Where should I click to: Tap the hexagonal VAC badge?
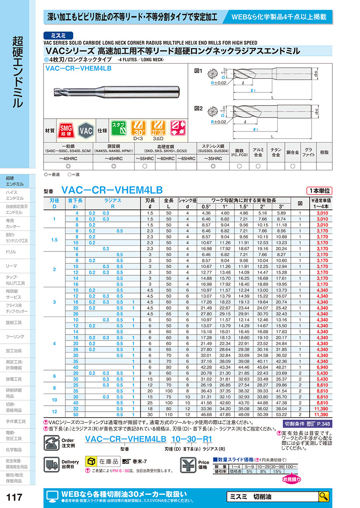tap(86, 130)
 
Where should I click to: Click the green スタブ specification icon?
tap(118, 128)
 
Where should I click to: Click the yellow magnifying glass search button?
tap(323, 496)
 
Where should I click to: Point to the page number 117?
tap(15, 497)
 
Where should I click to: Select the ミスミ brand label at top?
tap(58, 35)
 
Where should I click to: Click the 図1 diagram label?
tap(198, 71)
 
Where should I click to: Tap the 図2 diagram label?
tap(198, 108)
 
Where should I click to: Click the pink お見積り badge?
tap(291, 479)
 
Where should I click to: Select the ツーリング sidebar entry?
tap(15, 337)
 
